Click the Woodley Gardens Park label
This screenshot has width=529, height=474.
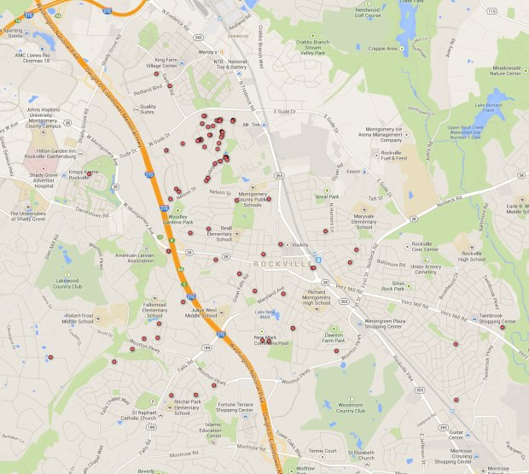178,220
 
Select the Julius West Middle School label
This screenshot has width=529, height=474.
209,313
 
